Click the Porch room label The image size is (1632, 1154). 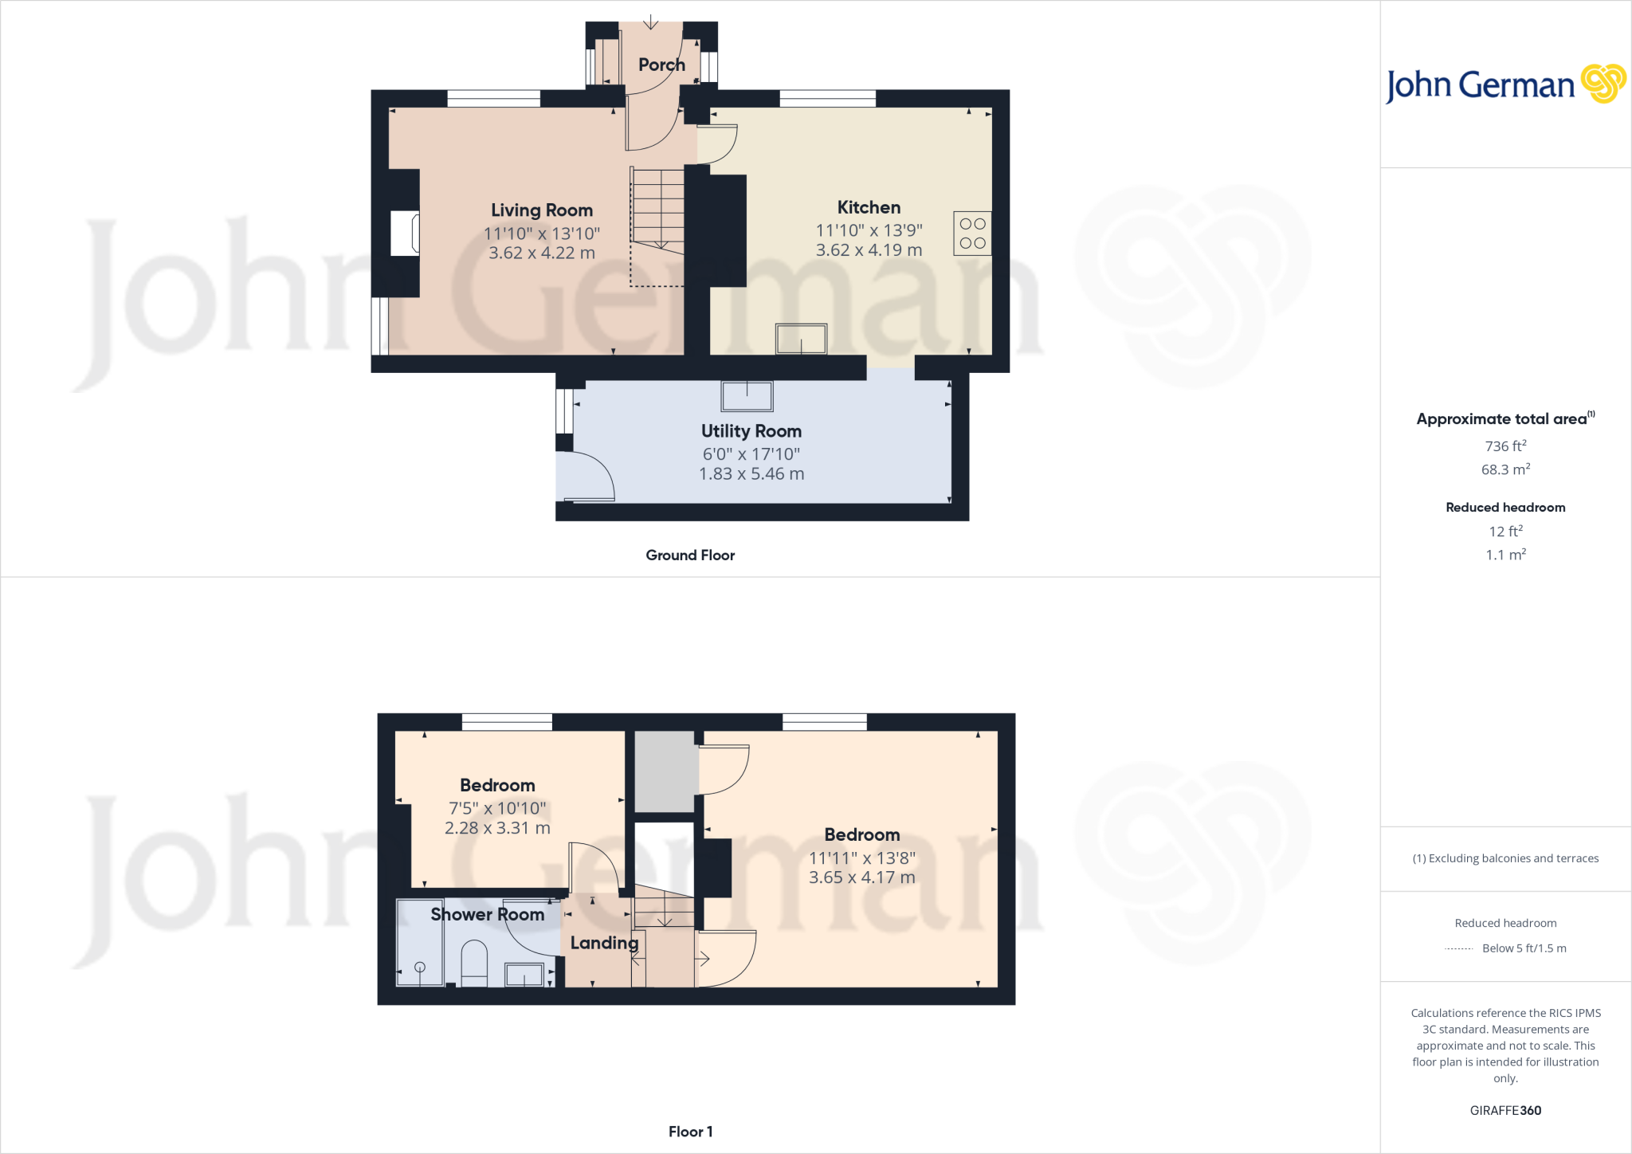661,65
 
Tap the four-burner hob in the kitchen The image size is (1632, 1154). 972,234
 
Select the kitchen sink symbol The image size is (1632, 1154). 801,339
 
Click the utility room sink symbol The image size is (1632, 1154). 747,396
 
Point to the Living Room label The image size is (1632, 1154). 542,210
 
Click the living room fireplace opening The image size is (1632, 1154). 405,233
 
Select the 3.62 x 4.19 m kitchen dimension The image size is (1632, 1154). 869,250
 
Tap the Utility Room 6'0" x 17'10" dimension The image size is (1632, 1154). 751,454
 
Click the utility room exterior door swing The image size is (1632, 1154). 586,477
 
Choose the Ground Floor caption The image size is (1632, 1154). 690,555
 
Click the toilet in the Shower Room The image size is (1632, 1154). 474,963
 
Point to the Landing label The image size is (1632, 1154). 604,943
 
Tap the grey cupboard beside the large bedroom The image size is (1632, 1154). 665,771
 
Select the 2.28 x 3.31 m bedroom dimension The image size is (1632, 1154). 497,828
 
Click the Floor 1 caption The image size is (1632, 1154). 690,1132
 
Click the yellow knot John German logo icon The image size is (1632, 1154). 1603,84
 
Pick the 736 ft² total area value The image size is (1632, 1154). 1505,446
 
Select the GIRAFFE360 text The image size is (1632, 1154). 1505,1110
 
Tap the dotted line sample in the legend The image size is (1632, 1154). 1458,948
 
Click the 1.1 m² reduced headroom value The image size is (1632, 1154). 1505,555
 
